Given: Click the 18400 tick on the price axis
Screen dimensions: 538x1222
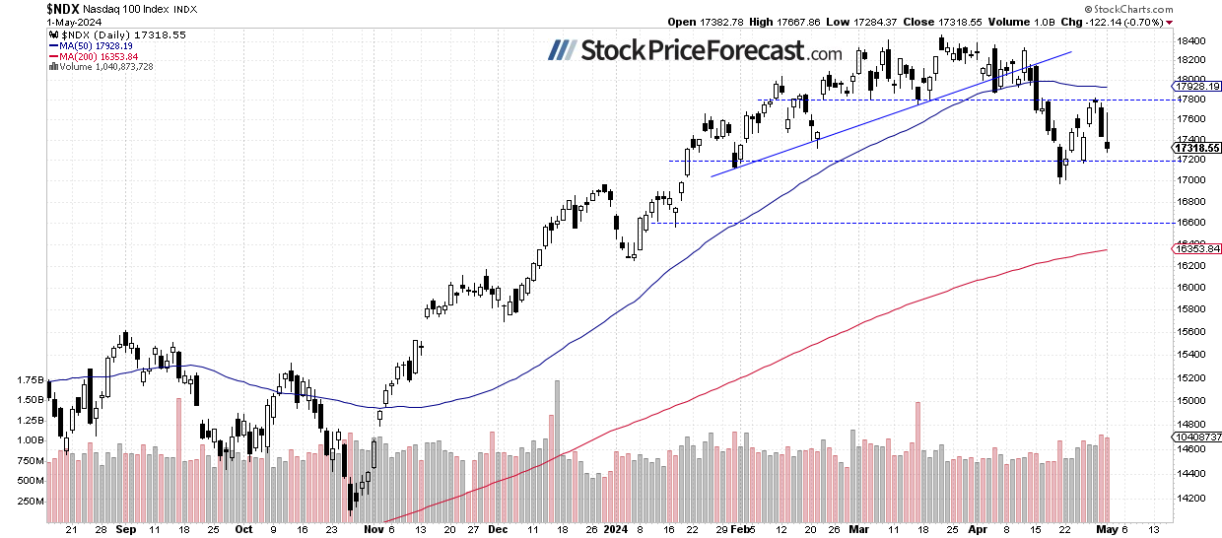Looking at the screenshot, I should [1191, 41].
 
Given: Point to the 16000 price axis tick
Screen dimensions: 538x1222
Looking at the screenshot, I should [1191, 288].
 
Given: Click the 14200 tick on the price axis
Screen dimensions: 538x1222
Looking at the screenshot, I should [1191, 499].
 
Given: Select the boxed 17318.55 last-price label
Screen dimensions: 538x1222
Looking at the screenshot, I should [1199, 148].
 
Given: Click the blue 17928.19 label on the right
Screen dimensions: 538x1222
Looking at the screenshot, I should [1199, 87].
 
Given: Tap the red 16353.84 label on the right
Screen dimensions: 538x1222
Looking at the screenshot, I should [1199, 249].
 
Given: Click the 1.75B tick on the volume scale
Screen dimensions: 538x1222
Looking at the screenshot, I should [29, 379].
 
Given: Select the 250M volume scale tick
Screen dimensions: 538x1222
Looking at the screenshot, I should [29, 501].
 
